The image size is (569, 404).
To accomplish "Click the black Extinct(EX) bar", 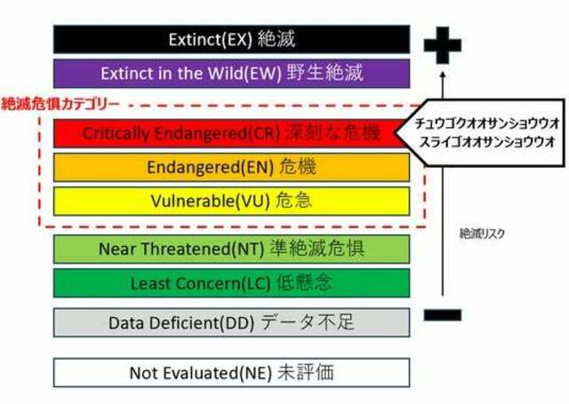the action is [231, 39].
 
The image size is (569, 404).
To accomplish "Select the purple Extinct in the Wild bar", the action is [231, 74].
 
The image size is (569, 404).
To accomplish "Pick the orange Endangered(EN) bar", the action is [231, 167].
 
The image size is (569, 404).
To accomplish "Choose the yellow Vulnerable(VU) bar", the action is [231, 201].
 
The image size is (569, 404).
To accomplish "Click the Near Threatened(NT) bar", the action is [231, 249].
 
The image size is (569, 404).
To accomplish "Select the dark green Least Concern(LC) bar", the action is [231, 283].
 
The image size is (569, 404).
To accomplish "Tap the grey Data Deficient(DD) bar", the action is [231, 322].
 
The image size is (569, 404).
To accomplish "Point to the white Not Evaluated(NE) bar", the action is [231, 372].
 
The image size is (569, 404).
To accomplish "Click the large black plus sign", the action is [443, 45].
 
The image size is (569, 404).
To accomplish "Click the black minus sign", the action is [443, 315].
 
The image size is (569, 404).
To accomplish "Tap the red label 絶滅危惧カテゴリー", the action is [60, 104].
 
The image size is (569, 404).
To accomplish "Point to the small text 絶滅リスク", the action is [482, 234].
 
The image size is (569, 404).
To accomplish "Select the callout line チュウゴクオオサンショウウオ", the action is [487, 123].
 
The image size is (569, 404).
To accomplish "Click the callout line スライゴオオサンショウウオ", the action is [487, 141].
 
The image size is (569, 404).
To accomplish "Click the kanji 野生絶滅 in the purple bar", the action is [325, 73].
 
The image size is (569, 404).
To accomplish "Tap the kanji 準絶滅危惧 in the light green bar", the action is [317, 249].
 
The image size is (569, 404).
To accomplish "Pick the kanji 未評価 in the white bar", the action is [306, 372].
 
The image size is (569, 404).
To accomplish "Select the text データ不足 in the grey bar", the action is [308, 322].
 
